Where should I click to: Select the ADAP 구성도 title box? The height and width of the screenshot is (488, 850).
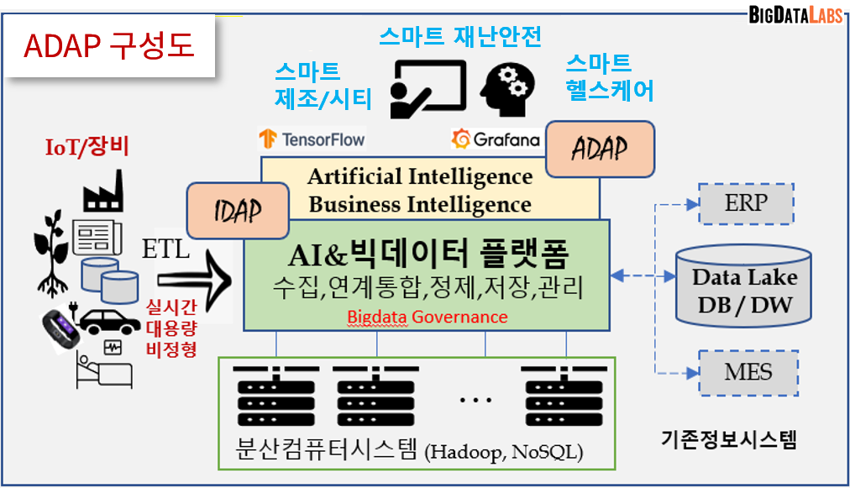(110, 47)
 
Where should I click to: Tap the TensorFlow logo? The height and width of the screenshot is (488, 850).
(312, 139)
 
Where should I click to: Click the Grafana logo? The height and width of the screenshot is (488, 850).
(496, 139)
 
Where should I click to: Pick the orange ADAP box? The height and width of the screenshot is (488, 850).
(600, 149)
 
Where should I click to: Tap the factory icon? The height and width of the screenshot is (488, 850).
(103, 192)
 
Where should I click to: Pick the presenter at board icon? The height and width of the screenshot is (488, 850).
(428, 87)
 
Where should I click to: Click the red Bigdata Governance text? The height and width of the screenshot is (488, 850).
(428, 317)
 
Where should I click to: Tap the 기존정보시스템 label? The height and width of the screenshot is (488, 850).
(728, 438)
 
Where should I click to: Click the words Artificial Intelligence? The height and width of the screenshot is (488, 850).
(420, 176)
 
